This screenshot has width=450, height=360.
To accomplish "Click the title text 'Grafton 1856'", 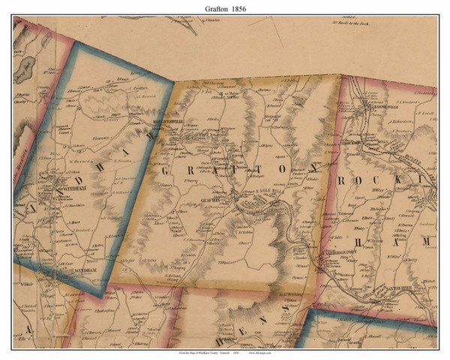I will click(225, 8).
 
